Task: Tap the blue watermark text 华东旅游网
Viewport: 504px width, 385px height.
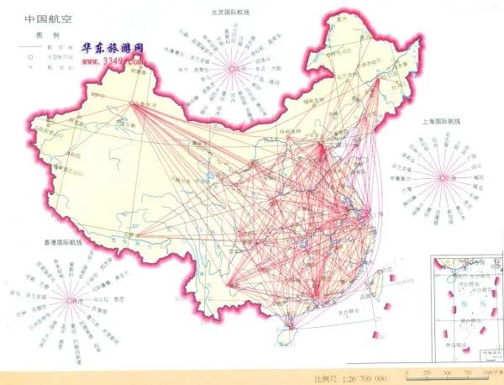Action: point(113,51)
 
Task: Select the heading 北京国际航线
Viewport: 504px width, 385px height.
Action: point(234,13)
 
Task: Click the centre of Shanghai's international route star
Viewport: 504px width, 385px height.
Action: point(442,177)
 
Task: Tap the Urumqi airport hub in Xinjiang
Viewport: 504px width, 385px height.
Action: point(134,104)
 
